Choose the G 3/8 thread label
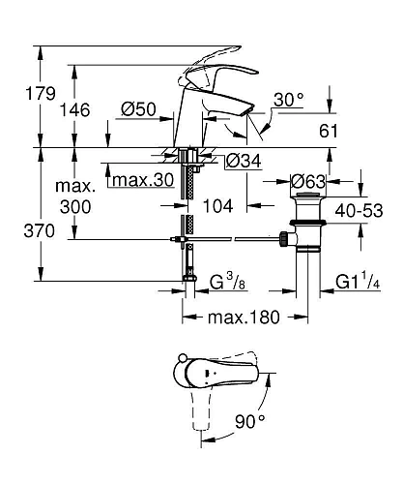232,283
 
